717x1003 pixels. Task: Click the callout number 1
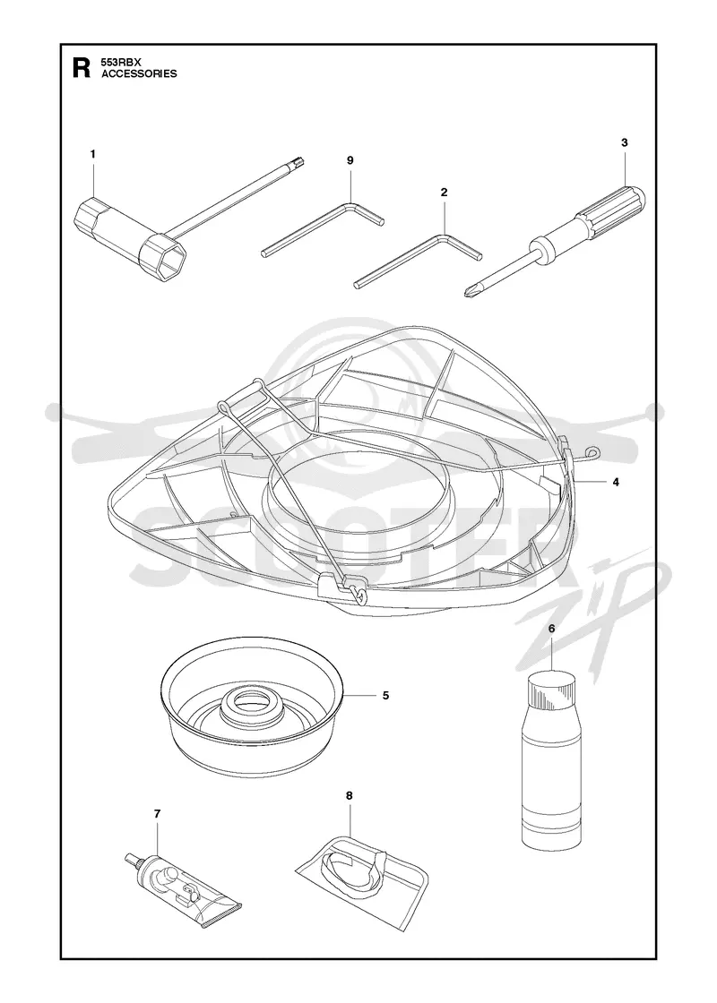[x=93, y=154]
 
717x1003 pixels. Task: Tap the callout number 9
[x=350, y=160]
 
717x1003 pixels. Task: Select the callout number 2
[x=445, y=192]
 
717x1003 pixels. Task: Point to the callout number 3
[x=624, y=142]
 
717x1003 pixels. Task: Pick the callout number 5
[x=385, y=695]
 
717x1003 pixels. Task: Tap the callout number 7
[x=158, y=814]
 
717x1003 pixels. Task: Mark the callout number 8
[x=349, y=796]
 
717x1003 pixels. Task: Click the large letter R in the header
[x=82, y=68]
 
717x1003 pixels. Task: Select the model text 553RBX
[x=120, y=63]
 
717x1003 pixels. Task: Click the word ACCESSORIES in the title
[x=140, y=73]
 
